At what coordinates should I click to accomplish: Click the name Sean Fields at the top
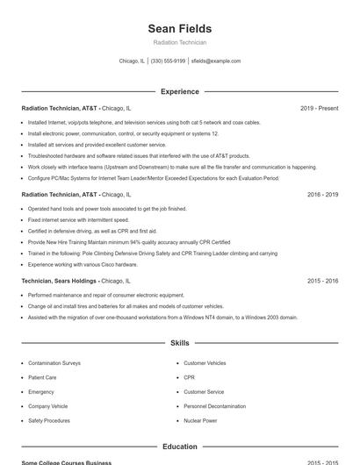179,29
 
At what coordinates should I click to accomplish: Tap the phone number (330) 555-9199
168,61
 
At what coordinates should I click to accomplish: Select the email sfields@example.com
215,61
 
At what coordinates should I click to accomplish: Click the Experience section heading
180,91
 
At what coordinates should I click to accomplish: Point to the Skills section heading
180,343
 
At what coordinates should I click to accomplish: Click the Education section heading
180,447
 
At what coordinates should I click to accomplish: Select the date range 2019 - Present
319,108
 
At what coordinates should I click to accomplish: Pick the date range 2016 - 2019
322,195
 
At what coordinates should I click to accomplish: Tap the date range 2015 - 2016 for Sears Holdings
322,281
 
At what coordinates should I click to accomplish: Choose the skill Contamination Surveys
54,362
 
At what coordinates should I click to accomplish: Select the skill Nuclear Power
200,420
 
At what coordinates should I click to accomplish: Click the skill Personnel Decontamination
214,406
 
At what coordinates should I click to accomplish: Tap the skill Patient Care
43,377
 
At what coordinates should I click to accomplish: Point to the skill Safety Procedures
49,420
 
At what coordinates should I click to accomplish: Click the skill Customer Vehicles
205,362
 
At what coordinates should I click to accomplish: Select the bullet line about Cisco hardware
83,264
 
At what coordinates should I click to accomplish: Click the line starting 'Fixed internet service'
78,219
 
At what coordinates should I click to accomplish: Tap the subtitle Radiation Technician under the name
179,42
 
